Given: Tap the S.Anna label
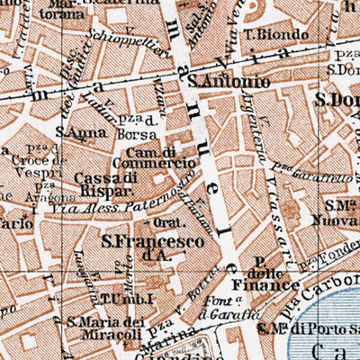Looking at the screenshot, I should pos(72,131).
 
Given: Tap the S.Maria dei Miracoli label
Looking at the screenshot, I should pos(106,327).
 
